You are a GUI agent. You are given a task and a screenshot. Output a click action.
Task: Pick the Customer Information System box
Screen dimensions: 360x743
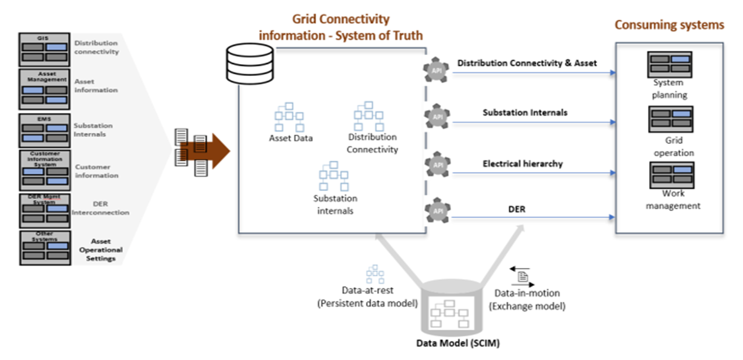tap(46, 169)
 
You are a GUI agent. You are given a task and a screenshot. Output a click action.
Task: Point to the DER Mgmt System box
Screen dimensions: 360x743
tap(46, 209)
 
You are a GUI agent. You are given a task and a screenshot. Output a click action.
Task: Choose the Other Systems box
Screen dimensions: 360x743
tap(46, 248)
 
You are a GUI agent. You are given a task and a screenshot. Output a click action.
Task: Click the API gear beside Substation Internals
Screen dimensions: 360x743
tap(437, 115)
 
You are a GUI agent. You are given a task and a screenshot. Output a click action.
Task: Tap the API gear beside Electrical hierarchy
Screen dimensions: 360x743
tap(437, 165)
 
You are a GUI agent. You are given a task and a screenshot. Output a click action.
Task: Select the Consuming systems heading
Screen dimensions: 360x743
tap(669, 25)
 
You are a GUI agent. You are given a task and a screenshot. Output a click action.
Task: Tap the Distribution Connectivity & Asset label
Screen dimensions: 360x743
tap(527, 63)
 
